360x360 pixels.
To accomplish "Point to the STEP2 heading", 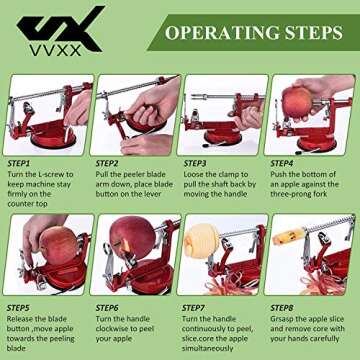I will tap(109, 162).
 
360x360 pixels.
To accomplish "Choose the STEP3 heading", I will tap(197, 162).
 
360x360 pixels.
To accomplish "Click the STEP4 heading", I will tap(285, 162).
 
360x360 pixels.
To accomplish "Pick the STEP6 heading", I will tap(109, 308).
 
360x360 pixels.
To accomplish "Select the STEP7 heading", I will tap(197, 308).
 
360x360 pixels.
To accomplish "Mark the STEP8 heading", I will tap(285, 308).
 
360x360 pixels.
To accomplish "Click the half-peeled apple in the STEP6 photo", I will tap(132, 240).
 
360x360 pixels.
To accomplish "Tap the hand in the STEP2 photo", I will tap(150, 100).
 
